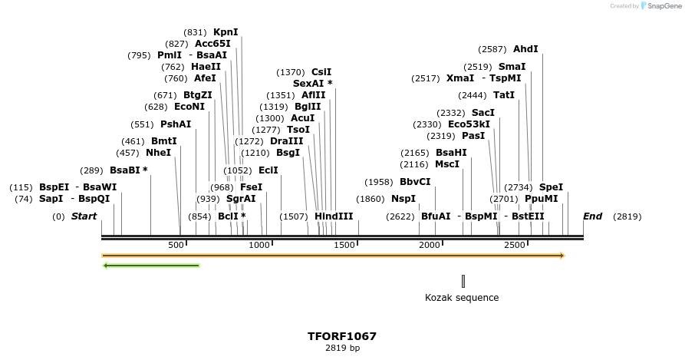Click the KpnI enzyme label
pyautogui.click(x=226, y=32)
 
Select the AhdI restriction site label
pyautogui.click(x=525, y=49)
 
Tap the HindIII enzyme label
pyautogui.click(x=334, y=216)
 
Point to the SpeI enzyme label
pyautogui.click(x=551, y=187)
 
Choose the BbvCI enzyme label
pyautogui.click(x=415, y=182)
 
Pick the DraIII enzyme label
pyautogui.click(x=286, y=141)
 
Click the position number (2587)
pyautogui.click(x=492, y=49)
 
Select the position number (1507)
pyautogui.click(x=294, y=216)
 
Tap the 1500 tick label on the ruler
pyautogui.click(x=345, y=245)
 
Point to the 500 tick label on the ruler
pyautogui.click(x=176, y=245)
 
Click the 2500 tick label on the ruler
pyautogui.click(x=515, y=245)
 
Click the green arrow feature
pyautogui.click(x=151, y=266)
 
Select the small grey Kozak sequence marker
pyautogui.click(x=463, y=281)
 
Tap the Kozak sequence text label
pyautogui.click(x=462, y=298)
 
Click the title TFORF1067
pyautogui.click(x=342, y=336)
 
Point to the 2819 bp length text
pyautogui.click(x=342, y=348)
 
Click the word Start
pyautogui.click(x=84, y=216)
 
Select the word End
pyautogui.click(x=592, y=216)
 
